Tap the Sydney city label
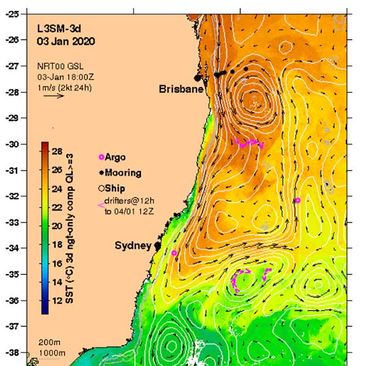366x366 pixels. point(133,246)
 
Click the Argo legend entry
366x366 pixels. point(115,157)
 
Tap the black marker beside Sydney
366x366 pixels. point(157,245)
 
